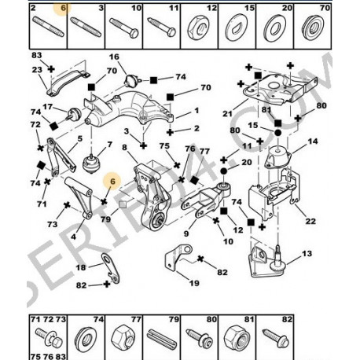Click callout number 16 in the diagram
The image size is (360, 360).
pyautogui.click(x=114, y=57)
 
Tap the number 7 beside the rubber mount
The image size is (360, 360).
pyautogui.click(x=109, y=145)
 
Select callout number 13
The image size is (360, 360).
pyautogui.click(x=307, y=254)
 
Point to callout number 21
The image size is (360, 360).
pyautogui.click(x=227, y=114)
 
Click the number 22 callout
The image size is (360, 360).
pyautogui.click(x=310, y=221)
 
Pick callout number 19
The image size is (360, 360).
pyautogui.click(x=194, y=283)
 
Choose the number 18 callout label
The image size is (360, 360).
pyautogui.click(x=81, y=267)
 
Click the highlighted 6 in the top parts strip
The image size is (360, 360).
pyautogui.click(x=63, y=8)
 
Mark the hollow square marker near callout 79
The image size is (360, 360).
pyautogui.click(x=123, y=204)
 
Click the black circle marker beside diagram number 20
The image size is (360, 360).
pyautogui.click(x=223, y=171)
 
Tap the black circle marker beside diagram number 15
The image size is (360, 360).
pyautogui.click(x=277, y=133)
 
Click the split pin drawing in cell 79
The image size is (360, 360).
pyautogui.click(x=161, y=338)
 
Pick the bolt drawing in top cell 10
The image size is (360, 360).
pyautogui.click(x=124, y=28)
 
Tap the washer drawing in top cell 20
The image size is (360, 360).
pyautogui.click(x=275, y=28)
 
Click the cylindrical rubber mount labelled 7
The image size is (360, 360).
pyautogui.click(x=92, y=163)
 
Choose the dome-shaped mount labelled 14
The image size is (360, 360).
pyautogui.click(x=277, y=156)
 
